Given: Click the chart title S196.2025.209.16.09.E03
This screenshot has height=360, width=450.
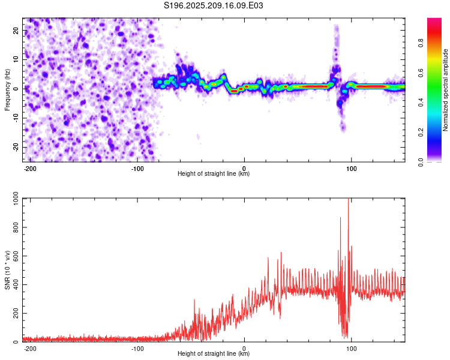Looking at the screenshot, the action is pos(213,5).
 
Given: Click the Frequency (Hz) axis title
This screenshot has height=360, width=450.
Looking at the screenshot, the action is pos(7,90).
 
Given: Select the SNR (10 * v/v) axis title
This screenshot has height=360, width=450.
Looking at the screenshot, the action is pos(7,270).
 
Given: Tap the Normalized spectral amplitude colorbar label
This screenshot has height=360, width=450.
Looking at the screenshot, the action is pos(445,90).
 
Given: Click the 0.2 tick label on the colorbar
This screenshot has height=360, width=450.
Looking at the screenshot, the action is pos(421,133).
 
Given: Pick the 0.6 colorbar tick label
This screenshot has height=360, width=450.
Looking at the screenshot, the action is pos(421,73).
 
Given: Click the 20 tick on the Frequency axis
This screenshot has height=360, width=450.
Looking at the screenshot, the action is pos(16,31).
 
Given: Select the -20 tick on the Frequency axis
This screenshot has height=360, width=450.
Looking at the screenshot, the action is pos(16,148).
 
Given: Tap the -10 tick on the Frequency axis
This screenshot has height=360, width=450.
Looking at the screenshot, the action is pos(16,118).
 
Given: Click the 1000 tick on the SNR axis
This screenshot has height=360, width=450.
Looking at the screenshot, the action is pos(16,199).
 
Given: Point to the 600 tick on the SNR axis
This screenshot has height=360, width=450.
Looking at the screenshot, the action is pos(16,256).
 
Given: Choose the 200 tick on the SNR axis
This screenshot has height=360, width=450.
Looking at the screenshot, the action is pos(16,313).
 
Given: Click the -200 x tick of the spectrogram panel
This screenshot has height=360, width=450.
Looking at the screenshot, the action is pos(29,169).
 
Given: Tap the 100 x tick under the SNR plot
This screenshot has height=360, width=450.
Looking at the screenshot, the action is pos(351,349).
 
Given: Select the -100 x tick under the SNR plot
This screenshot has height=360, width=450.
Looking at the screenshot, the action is pos(137,349).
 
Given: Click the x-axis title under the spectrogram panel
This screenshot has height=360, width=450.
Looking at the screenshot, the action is pos(214,173).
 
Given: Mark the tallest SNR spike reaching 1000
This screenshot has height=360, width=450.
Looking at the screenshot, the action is pos(349,199).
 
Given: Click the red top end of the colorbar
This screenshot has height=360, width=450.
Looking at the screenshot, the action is pos(434,19).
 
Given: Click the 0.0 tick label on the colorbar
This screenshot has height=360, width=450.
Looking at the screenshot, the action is pos(421,162).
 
